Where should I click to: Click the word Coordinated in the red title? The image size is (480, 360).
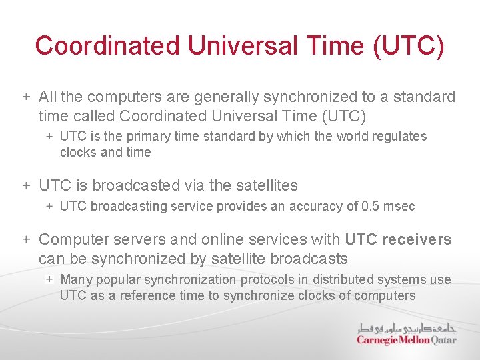(107, 45)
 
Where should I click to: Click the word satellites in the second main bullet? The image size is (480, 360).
(265, 185)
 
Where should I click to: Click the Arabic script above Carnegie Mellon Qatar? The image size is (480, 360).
(407, 327)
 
